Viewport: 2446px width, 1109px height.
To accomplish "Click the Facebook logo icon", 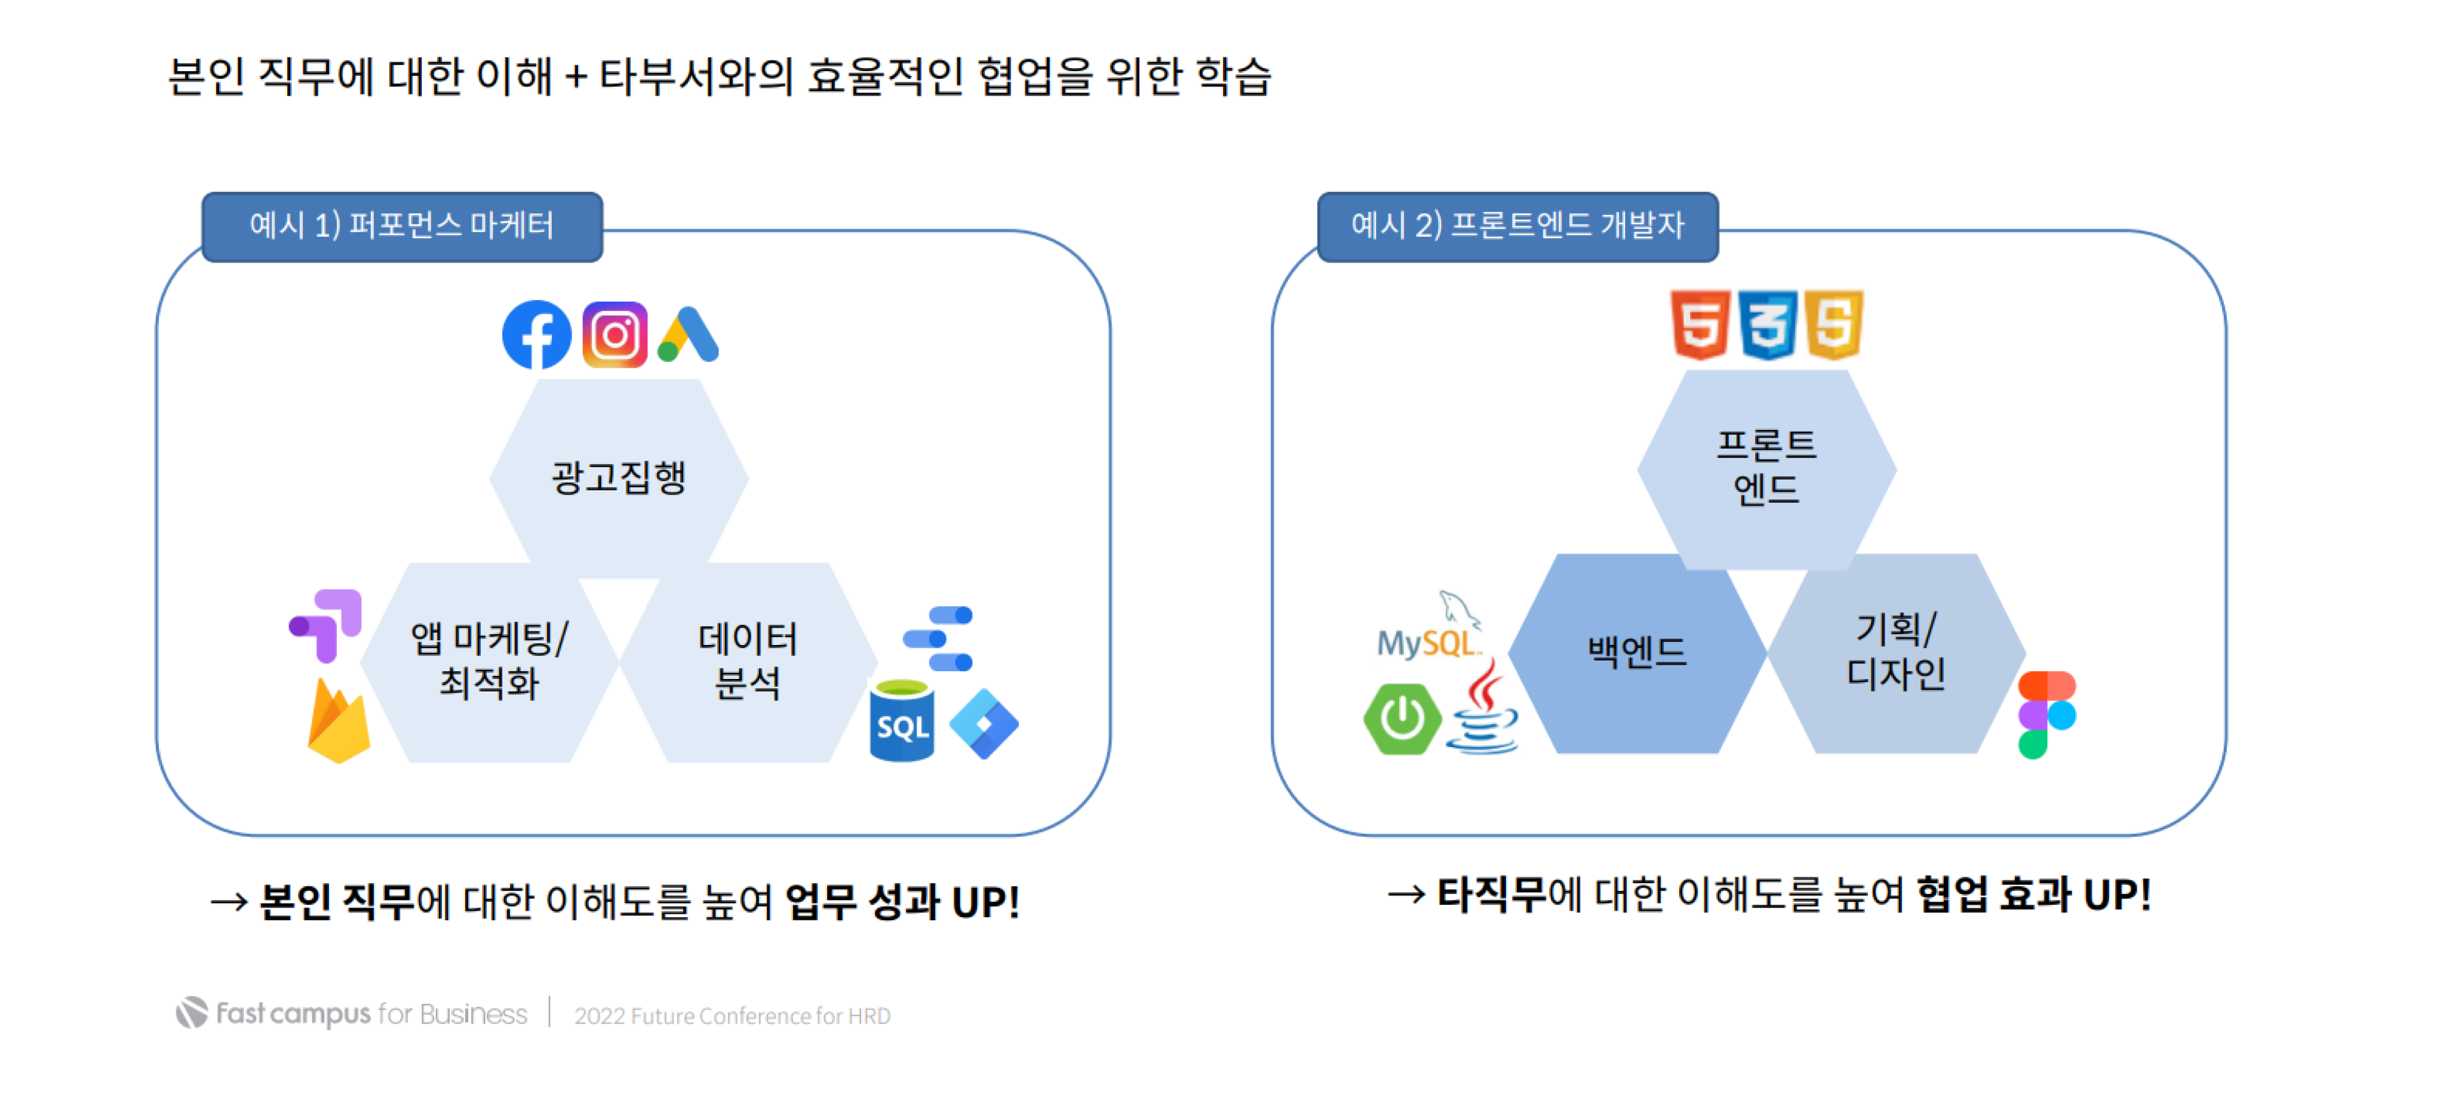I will [536, 335].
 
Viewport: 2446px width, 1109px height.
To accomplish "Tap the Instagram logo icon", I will [614, 335].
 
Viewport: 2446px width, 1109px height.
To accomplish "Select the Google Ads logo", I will [689, 335].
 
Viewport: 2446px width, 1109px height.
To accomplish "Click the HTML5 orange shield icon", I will [1700, 325].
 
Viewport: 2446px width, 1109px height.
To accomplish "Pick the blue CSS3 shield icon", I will [1767, 325].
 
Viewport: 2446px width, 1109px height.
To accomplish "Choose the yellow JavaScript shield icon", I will [1833, 325].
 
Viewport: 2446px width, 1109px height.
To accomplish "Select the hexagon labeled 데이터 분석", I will [747, 662].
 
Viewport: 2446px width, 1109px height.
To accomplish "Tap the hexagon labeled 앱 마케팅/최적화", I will [489, 662].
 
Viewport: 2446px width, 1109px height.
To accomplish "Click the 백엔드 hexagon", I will [1636, 653].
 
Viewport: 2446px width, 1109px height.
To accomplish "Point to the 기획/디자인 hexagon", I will [1895, 653].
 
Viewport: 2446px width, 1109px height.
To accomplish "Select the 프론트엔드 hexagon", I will [1766, 469].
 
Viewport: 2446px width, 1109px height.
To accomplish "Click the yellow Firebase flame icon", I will [338, 724].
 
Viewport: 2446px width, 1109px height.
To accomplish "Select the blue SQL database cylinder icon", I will [901, 721].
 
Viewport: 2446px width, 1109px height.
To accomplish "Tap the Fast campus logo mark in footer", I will [192, 1013].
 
